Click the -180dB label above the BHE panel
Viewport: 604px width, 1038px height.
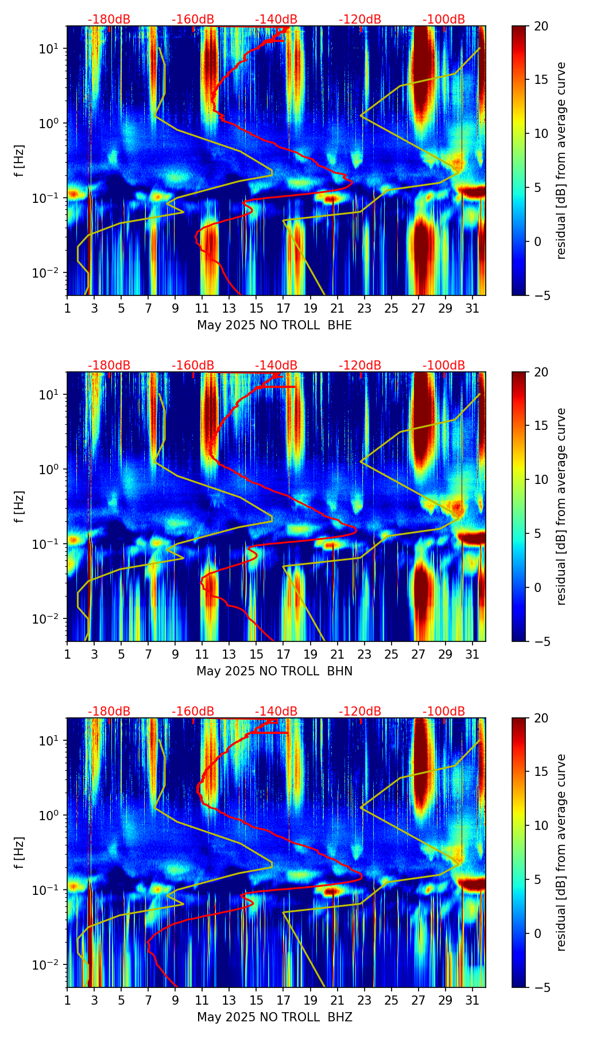tap(109, 20)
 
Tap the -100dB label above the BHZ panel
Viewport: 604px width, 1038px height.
tap(444, 712)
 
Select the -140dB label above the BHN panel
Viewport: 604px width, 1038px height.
tap(276, 366)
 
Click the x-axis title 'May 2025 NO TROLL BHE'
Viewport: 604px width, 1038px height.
tap(274, 325)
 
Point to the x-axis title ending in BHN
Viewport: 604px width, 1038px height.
tap(274, 671)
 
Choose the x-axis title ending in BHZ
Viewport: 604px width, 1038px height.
tap(274, 1017)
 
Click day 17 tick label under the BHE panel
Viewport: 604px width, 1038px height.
tap(284, 307)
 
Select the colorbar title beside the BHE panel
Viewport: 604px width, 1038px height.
tap(561, 160)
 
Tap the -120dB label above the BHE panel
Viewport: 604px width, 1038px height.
tap(360, 20)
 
